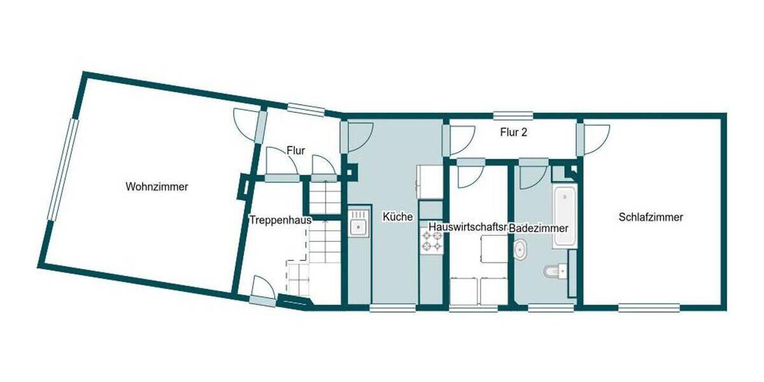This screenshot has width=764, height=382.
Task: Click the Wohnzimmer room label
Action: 157,187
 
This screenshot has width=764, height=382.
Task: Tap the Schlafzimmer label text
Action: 651,217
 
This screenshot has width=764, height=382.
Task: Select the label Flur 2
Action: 513,133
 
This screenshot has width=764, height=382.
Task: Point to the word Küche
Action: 397,217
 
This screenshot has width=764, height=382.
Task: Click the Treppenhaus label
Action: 280,220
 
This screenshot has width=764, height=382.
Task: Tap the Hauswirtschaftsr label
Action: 467,227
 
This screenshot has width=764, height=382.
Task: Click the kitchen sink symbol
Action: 358,225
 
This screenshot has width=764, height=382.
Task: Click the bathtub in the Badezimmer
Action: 564,216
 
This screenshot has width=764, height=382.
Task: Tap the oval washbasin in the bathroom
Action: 520,250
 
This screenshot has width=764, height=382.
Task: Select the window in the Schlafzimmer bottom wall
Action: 649,308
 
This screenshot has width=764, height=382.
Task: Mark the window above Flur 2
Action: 513,115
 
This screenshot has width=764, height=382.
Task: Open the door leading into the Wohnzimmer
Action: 246,124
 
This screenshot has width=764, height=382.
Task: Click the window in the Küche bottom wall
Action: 393,308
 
